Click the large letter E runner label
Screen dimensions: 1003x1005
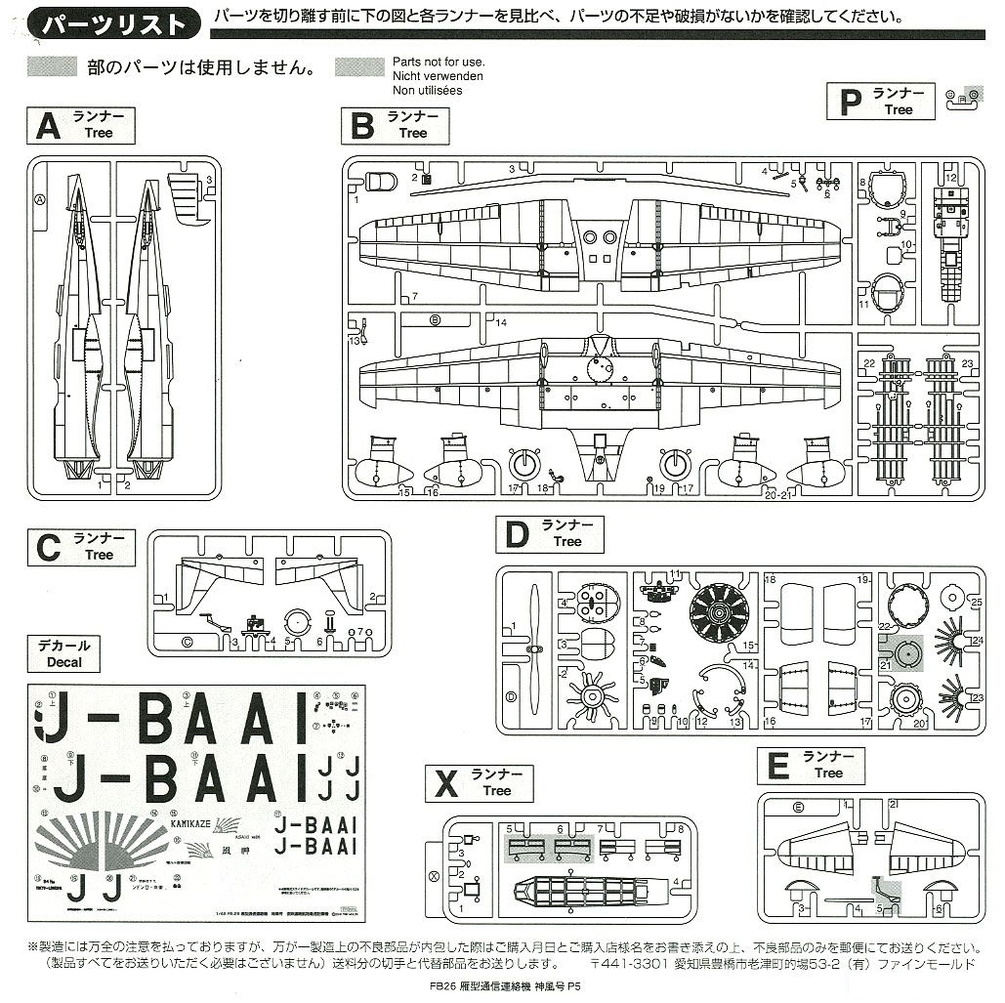(x=777, y=766)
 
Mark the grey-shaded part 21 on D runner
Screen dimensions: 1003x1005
(x=900, y=653)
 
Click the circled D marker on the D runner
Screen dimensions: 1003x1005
(x=511, y=696)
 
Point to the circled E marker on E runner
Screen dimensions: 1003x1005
(x=798, y=808)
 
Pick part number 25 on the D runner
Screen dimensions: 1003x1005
(x=975, y=603)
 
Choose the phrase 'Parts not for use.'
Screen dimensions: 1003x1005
(x=439, y=62)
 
